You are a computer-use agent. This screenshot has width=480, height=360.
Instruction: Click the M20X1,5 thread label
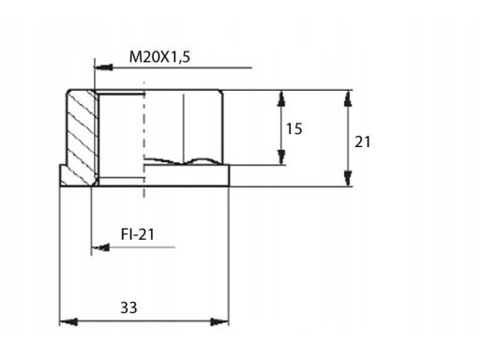pyautogui.click(x=159, y=57)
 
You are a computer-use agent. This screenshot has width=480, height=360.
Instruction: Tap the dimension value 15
pyautogui.click(x=294, y=128)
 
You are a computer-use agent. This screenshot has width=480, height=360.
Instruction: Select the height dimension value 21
pyautogui.click(x=363, y=142)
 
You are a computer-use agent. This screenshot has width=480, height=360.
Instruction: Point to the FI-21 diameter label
pyautogui.click(x=138, y=234)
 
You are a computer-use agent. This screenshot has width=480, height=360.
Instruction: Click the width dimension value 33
pyautogui.click(x=128, y=307)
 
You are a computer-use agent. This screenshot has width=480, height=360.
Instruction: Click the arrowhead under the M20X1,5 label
pyautogui.click(x=103, y=67)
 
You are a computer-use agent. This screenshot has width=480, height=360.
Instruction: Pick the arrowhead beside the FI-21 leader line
pyautogui.click(x=100, y=247)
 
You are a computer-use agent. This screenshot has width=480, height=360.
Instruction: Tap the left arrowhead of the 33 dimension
pyautogui.click(x=68, y=322)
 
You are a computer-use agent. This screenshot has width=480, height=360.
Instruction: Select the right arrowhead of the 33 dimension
pyautogui.click(x=219, y=322)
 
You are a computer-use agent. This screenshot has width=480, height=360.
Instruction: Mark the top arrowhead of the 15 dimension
pyautogui.click(x=281, y=98)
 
